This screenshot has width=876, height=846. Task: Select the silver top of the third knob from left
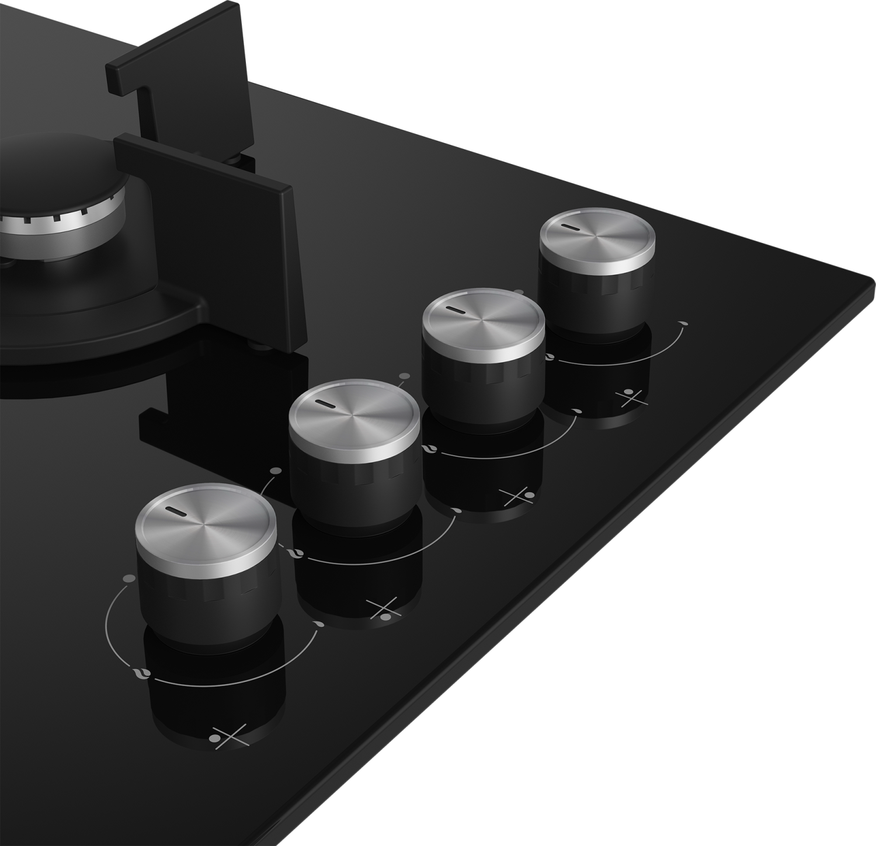pyautogui.click(x=484, y=320)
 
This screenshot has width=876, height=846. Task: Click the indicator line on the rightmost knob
pyautogui.click(x=569, y=228)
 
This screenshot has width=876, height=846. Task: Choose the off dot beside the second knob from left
pyautogui.click(x=276, y=471)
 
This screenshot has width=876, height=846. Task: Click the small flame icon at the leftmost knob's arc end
pyautogui.click(x=319, y=625)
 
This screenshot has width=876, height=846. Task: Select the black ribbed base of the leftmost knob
pyautogui.click(x=207, y=598)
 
